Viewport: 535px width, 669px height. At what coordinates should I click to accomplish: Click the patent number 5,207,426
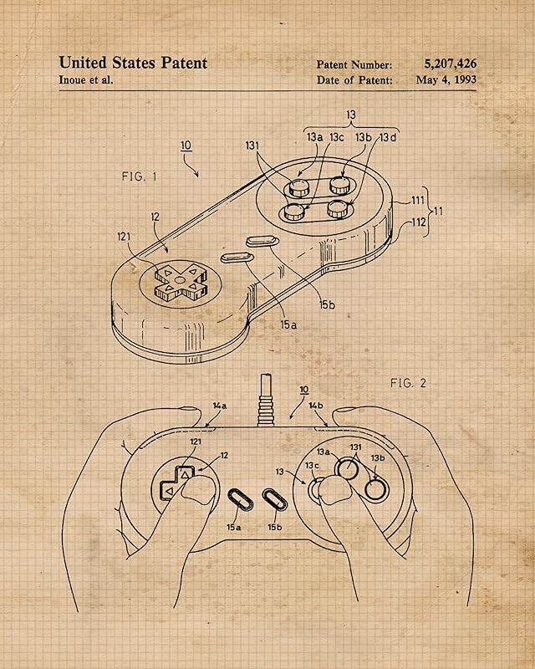click(451, 64)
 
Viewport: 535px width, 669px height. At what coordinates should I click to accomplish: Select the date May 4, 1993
click(446, 80)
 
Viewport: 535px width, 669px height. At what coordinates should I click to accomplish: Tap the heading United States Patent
click(133, 63)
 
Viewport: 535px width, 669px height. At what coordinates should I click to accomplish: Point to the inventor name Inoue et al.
click(86, 80)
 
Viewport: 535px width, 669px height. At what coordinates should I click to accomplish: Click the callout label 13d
click(388, 137)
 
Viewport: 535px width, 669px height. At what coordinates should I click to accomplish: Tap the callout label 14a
click(219, 406)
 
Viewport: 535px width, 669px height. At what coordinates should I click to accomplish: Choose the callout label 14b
click(316, 406)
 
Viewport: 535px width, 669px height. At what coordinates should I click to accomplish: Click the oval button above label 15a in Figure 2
click(239, 500)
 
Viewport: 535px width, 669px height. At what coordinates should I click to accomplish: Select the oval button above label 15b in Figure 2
click(274, 500)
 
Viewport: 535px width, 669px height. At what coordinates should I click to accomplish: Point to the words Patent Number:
click(354, 64)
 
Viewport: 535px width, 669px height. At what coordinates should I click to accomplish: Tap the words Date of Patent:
click(354, 81)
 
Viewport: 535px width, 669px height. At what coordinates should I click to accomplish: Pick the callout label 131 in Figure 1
click(252, 146)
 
